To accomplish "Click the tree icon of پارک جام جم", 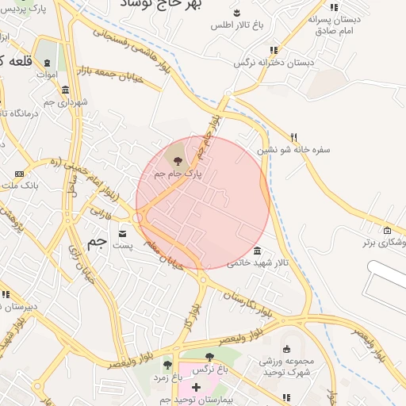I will click(x=176, y=160).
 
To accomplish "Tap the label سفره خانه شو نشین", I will click(x=293, y=148).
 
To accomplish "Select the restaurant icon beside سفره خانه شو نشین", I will click(x=294, y=136).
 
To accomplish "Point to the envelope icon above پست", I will click(x=123, y=234).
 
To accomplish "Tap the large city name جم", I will click(x=97, y=243).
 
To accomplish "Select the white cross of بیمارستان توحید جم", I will click(x=197, y=386).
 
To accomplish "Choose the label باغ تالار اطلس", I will click(x=237, y=25).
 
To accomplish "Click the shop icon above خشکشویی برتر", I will click(x=386, y=231).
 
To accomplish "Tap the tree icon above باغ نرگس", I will click(x=209, y=358).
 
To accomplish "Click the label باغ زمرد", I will click(x=168, y=378).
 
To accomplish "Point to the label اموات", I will click(x=47, y=74).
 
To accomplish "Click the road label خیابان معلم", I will click(x=164, y=255).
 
